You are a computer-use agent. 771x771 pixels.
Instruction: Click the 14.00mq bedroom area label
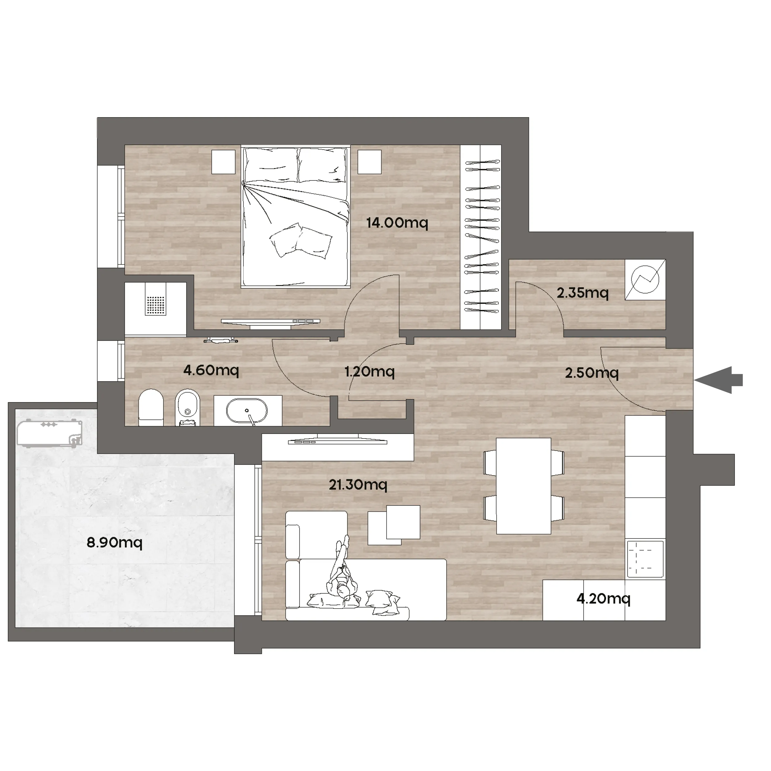point(397,223)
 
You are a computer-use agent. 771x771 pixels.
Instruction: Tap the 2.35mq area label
point(583,293)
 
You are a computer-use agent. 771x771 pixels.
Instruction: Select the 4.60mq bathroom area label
point(211,370)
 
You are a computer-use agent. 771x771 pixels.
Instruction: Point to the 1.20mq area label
point(369,372)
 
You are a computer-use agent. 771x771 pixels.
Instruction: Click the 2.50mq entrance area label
point(592,373)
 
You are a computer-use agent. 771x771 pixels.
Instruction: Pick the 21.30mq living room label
point(358,485)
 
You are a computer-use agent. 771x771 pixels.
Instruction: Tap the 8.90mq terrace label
point(114,543)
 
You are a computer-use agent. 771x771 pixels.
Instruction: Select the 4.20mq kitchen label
point(604,599)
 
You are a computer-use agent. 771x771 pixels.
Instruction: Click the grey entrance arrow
point(718,380)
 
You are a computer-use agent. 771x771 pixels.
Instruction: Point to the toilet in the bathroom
point(151,407)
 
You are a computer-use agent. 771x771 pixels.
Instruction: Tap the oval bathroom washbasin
point(247,411)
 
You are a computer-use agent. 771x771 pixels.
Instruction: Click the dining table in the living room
point(524,486)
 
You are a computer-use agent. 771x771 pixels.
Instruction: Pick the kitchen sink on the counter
point(645,559)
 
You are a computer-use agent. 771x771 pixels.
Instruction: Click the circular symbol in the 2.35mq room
point(645,279)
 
